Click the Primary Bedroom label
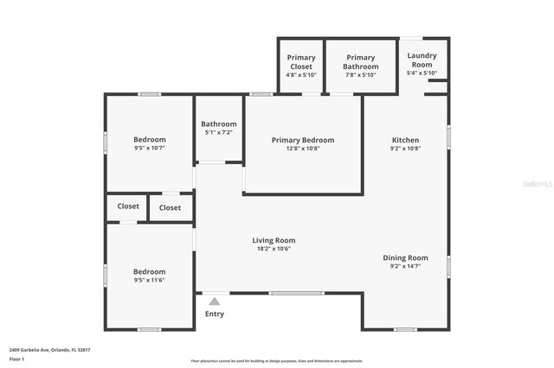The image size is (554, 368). [x=302, y=140]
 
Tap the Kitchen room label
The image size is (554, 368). [x=405, y=140]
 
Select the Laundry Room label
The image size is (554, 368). [x=422, y=60]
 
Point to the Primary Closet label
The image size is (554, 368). [x=301, y=62]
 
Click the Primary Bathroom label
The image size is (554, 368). [x=360, y=62]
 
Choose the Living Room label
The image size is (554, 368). [x=274, y=240]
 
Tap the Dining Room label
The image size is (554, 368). [x=405, y=257]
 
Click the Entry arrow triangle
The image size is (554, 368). [x=214, y=301]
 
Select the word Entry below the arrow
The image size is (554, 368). [x=214, y=314]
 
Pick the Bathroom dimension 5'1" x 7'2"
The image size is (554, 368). [x=219, y=132]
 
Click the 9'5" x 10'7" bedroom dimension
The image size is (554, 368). [x=149, y=148]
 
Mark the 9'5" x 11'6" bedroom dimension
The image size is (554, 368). [x=149, y=280]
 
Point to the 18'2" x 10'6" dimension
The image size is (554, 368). [x=274, y=249]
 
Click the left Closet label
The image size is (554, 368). [x=128, y=206]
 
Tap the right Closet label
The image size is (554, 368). [x=170, y=207]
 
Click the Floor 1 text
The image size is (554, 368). [x=16, y=358]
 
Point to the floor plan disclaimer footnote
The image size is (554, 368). [x=276, y=360]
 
